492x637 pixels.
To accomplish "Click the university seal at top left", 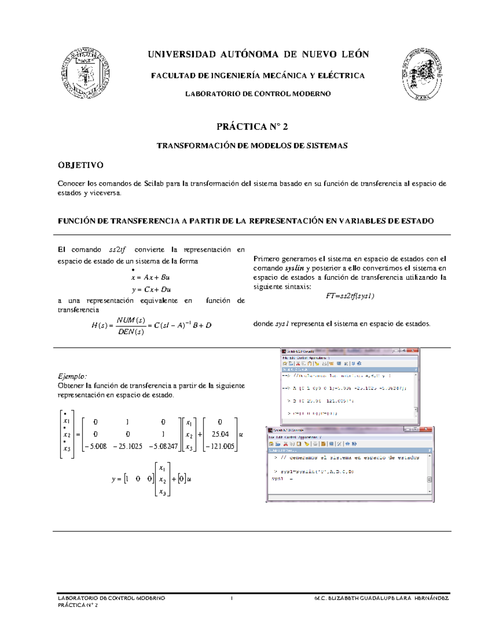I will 85,73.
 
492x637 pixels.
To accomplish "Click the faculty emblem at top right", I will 422,74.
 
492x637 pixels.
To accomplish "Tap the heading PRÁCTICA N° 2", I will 252,127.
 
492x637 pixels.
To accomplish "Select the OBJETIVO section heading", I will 80,165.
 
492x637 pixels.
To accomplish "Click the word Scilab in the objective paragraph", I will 154,184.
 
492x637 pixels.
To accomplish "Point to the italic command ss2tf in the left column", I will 118,250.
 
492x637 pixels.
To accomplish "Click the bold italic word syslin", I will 294,268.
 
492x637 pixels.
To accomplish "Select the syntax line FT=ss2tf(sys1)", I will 350,296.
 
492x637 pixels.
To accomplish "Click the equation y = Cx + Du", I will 151,290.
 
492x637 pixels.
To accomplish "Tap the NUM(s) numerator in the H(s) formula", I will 131,320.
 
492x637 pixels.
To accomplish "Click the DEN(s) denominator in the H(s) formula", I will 131,332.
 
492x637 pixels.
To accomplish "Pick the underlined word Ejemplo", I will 72,376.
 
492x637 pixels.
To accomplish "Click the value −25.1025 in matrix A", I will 128,446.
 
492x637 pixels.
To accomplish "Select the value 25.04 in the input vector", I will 220,434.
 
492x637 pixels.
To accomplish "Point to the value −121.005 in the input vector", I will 220,446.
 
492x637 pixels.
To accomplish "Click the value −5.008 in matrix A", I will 95,446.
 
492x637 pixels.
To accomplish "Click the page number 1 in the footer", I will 232,598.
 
